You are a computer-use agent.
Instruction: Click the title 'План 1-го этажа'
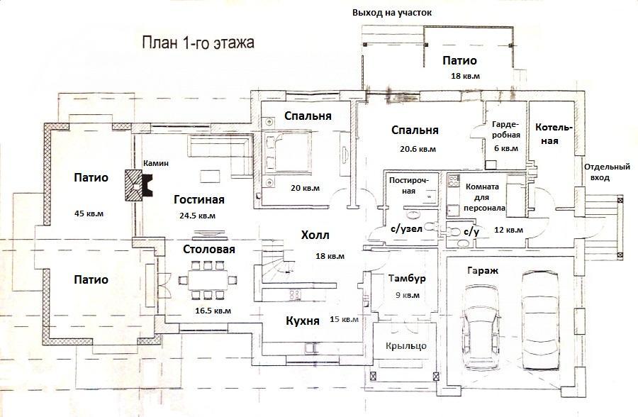(198, 43)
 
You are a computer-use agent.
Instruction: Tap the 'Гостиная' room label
(199, 199)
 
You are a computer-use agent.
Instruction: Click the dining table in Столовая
(208, 279)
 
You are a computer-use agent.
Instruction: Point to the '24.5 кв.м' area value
(197, 216)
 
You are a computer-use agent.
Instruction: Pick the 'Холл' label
(315, 235)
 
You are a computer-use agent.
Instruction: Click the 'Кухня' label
(302, 321)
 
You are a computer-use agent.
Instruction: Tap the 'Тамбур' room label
(407, 279)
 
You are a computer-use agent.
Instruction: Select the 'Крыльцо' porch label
(406, 346)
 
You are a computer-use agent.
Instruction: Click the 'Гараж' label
(483, 270)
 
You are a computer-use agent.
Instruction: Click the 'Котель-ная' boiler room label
(554, 134)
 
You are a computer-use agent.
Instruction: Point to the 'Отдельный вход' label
(607, 172)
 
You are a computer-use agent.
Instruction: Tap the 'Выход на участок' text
(392, 13)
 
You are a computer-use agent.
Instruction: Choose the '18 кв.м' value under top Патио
(465, 76)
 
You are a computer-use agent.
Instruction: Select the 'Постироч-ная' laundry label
(414, 185)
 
